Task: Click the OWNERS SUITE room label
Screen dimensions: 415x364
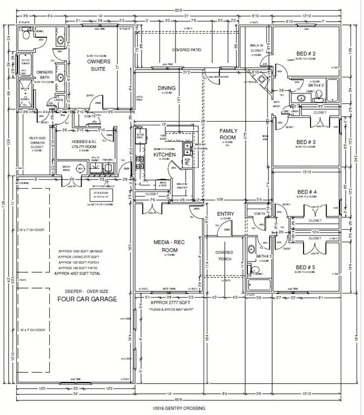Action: pos(99,65)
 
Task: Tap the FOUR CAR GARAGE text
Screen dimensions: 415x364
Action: pos(87,298)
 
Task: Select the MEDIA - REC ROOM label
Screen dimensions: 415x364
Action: pos(170,247)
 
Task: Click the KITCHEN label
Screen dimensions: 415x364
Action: pos(165,155)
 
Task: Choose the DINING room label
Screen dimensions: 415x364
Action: pos(166,88)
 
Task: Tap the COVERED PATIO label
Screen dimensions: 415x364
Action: pos(186,50)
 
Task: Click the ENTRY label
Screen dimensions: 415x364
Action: pos(225,214)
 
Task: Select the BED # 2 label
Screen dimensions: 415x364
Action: pos(306,53)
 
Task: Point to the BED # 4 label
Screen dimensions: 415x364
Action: pos(307,192)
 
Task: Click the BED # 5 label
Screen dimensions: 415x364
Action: pos(306,267)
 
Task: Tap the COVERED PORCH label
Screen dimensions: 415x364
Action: pos(224,255)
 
